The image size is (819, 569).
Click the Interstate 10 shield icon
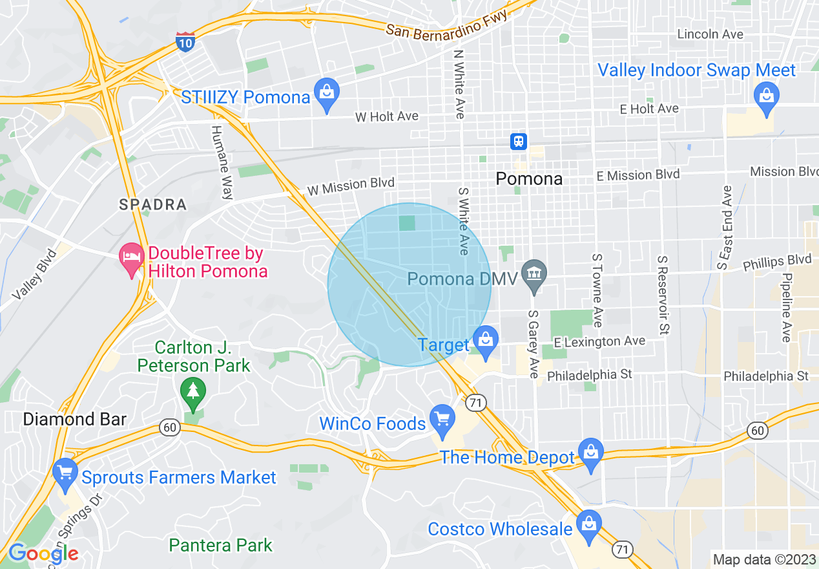tap(185, 41)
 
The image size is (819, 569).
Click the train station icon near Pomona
tap(519, 142)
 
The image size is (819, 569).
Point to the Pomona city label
tap(529, 179)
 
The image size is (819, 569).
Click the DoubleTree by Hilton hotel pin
tap(132, 258)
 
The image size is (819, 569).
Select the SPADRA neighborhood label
tap(153, 205)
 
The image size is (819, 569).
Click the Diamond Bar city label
tap(75, 419)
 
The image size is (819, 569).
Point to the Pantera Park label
tap(221, 545)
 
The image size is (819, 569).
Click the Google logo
tap(43, 553)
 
